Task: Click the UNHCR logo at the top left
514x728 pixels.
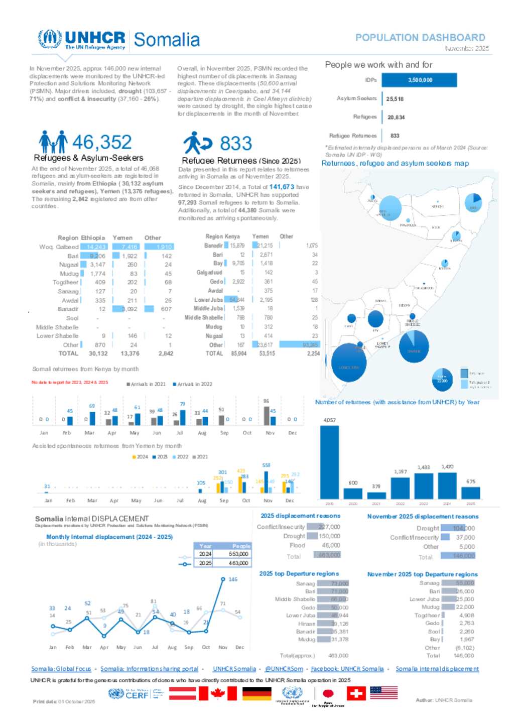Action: pos(82,40)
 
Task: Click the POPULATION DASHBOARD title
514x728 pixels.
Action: pos(420,38)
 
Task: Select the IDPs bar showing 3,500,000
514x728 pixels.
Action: pos(419,80)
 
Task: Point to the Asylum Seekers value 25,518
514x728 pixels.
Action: pos(395,99)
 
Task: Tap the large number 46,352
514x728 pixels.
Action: pos(102,142)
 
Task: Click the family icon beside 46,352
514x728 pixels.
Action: pos(53,142)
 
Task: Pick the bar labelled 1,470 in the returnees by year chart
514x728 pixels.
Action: pos(447,486)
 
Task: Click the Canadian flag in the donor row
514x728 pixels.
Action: pos(217,693)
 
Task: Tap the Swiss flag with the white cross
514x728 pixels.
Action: pos(356,693)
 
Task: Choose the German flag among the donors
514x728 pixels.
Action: pos(256,693)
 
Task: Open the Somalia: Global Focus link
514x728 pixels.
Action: pos(61,669)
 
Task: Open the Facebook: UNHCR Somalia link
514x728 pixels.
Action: pos(347,669)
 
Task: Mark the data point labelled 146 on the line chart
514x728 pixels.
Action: pos(223,579)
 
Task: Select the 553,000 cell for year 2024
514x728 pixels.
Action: pos(238,554)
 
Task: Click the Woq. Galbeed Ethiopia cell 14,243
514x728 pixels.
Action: pos(96,247)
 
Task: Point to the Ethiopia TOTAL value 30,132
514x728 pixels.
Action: pos(98,353)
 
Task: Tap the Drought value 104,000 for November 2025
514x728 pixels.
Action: pos(463,528)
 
